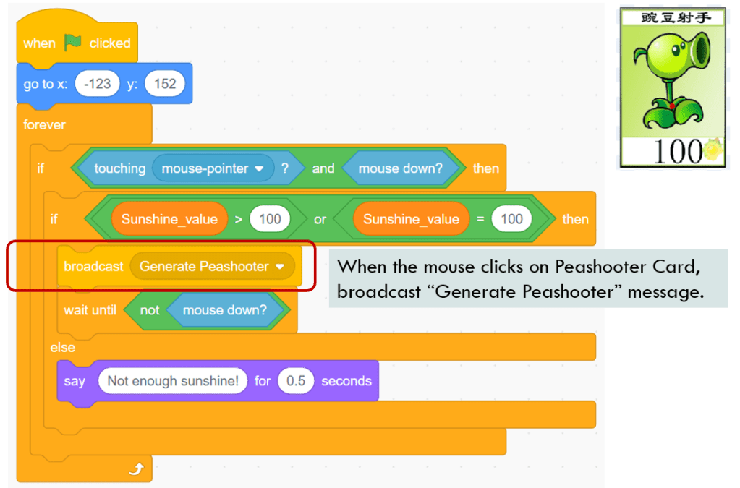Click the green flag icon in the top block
(73, 43)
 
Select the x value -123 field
(98, 84)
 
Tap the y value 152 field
(165, 84)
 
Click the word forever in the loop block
(44, 125)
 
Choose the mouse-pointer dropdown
(213, 168)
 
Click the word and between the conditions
(323, 168)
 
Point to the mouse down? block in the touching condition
(402, 168)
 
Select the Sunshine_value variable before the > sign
(169, 219)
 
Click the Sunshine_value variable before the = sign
(411, 219)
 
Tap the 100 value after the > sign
(270, 219)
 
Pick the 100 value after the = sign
(511, 219)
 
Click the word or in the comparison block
(320, 219)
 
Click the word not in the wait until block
(150, 310)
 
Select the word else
(62, 348)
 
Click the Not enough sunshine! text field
(172, 381)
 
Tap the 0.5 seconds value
(296, 381)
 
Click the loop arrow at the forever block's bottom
(136, 471)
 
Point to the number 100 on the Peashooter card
(676, 151)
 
